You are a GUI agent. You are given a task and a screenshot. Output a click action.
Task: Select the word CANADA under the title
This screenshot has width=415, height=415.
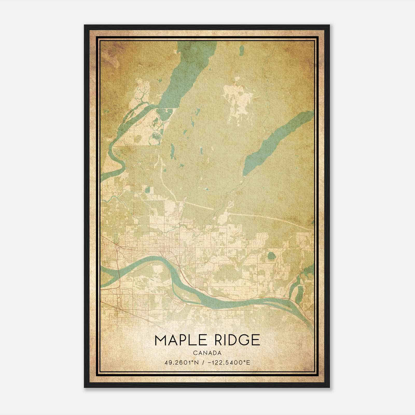click(207, 353)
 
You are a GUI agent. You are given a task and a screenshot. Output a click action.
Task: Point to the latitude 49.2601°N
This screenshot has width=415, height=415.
click(181, 362)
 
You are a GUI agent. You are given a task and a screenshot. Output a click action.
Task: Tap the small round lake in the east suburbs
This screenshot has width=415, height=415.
click(271, 256)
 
